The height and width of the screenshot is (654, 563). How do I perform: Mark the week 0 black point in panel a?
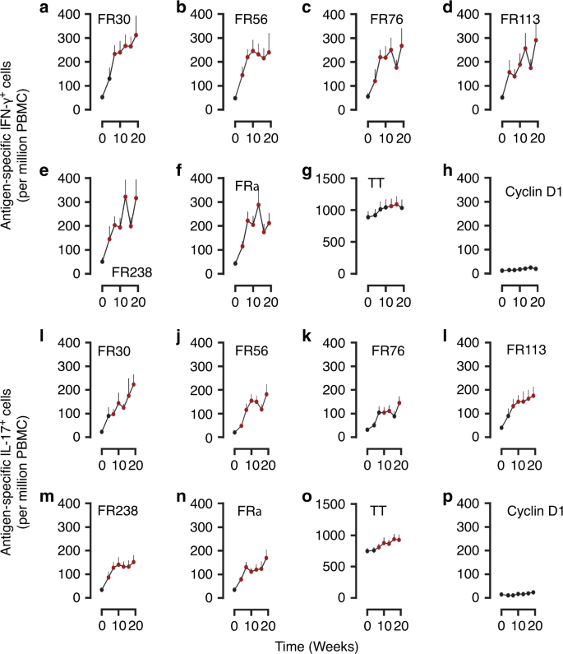point(102,97)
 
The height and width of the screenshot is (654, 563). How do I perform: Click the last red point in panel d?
point(537,39)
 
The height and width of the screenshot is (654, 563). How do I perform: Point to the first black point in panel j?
point(235,432)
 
